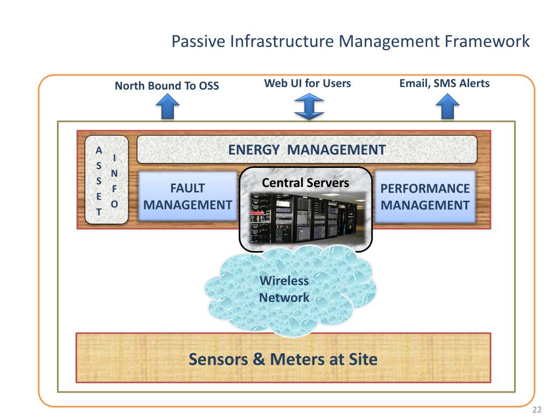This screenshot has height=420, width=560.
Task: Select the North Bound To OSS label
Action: coord(167,86)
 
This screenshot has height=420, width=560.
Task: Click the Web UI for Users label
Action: coord(307,83)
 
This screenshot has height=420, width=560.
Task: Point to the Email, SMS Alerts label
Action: coord(444,83)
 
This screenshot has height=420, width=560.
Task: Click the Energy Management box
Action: coord(306,149)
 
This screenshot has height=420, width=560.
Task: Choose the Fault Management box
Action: coord(184,197)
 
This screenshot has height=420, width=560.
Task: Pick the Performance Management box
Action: coord(425,197)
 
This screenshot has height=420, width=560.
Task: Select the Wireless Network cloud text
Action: coord(284,290)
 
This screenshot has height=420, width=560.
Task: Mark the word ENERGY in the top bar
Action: coord(254,149)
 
